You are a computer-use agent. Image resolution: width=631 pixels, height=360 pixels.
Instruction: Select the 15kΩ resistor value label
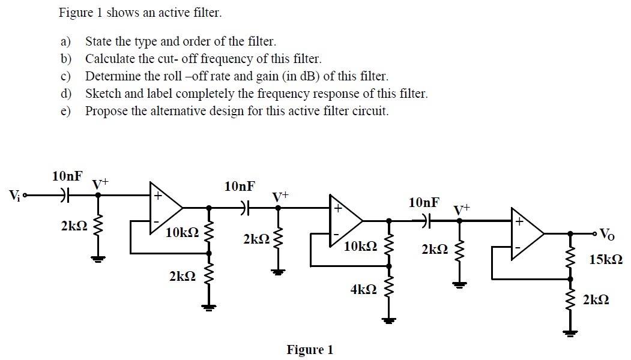click(605, 260)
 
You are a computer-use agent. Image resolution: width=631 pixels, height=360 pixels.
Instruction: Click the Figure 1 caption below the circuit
click(309, 350)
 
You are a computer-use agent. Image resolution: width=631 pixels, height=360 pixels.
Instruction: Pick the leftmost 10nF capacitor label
click(67, 176)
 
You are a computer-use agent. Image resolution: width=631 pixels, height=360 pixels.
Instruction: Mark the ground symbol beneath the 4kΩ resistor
click(389, 320)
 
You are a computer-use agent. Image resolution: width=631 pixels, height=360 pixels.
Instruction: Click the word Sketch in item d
click(101, 94)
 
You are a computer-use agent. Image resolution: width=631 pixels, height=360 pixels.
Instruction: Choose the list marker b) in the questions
click(65, 59)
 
